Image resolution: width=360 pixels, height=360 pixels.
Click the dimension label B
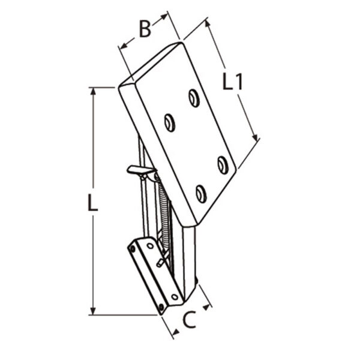tap(145, 29)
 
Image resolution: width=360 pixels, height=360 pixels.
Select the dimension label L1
tap(232, 82)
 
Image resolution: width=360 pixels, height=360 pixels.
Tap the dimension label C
tap(190, 320)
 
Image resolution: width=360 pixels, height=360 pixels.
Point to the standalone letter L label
tap(93, 203)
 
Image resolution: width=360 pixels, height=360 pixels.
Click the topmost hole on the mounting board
tap(194, 98)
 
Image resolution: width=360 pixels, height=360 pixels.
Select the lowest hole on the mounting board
tap(201, 194)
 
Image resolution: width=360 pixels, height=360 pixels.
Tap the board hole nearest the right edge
tap(223, 165)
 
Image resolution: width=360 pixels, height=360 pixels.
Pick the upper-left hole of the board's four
tap(170, 123)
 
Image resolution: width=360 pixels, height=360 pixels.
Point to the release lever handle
tap(140, 170)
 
